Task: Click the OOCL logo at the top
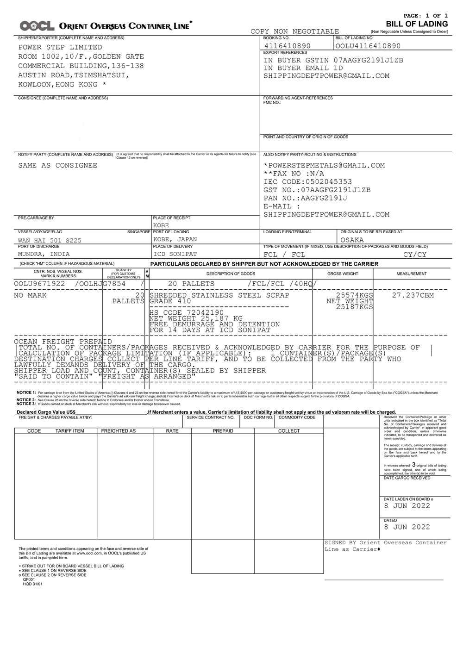(x=37, y=26)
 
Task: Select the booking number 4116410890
(x=287, y=46)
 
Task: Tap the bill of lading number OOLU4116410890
(x=368, y=46)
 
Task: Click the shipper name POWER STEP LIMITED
(x=60, y=47)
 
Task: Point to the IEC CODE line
(x=307, y=182)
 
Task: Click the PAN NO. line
(x=305, y=198)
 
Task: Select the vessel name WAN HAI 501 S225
(x=50, y=240)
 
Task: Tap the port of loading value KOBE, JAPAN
(x=175, y=239)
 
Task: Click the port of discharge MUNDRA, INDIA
(x=44, y=254)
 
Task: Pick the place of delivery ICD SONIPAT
(x=175, y=254)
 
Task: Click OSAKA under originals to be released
(x=352, y=240)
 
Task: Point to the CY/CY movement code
(x=415, y=255)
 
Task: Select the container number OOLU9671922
(x=39, y=284)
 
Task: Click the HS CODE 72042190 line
(x=186, y=313)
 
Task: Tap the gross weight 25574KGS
(x=354, y=295)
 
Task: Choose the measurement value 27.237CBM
(x=413, y=295)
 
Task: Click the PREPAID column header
(x=223, y=431)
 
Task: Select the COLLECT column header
(x=288, y=431)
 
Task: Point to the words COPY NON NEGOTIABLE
(x=294, y=31)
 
